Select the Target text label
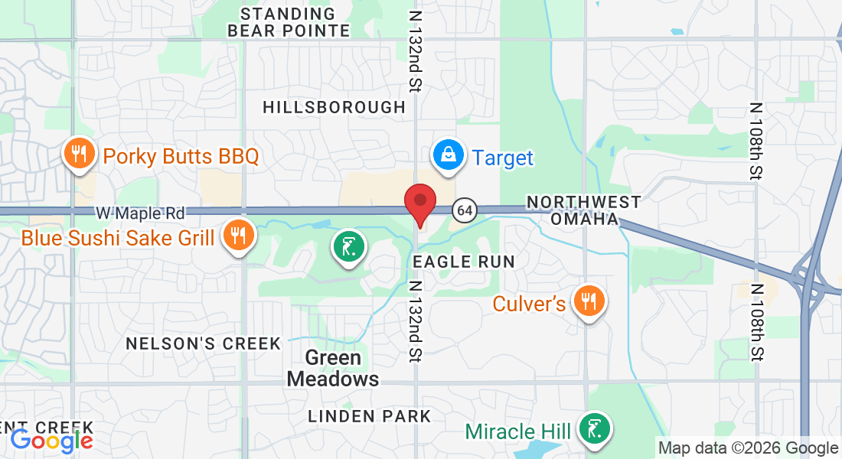coord(503,158)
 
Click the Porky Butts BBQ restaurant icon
coord(77,154)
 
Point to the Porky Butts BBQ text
coord(181,157)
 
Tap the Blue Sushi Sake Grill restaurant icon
coord(238,235)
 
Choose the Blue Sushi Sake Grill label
coord(118,238)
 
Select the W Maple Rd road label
coord(141,211)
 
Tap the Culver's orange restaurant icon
coord(589,301)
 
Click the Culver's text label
coord(529,304)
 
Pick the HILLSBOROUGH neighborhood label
coord(334,107)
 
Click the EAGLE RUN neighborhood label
coord(464,262)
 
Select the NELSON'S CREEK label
coord(204,343)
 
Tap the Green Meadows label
coord(333,368)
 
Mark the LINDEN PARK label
coord(370,416)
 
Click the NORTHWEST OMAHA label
coord(584,210)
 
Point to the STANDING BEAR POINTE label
coord(289,22)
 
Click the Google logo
coord(51,441)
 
